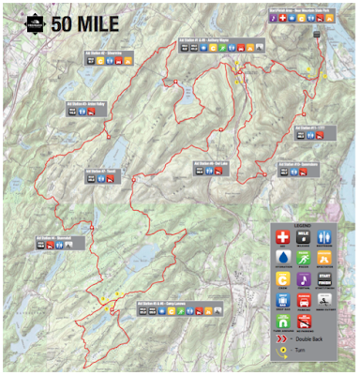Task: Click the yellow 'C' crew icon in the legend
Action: pyautogui.click(x=283, y=279)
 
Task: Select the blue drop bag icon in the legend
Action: pyautogui.click(x=283, y=301)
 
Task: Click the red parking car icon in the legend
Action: pyautogui.click(x=305, y=301)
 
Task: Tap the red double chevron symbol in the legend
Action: pyautogui.click(x=283, y=344)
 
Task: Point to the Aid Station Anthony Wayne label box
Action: pyautogui.click(x=209, y=42)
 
